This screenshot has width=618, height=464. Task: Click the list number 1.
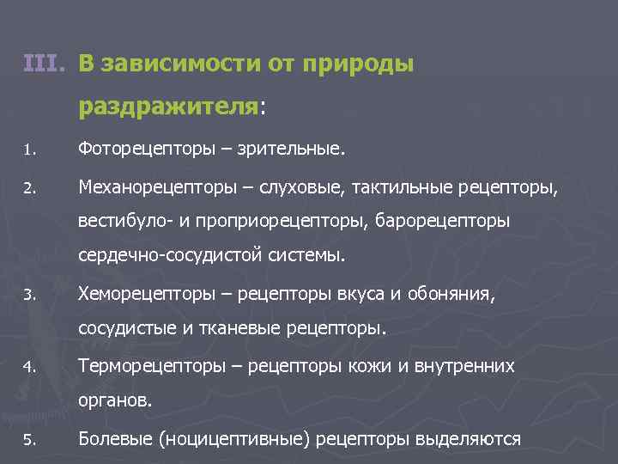pyautogui.click(x=28, y=151)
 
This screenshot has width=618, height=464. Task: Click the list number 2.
pyautogui.click(x=28, y=187)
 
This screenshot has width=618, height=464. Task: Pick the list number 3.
pyautogui.click(x=28, y=295)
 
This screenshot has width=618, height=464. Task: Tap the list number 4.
pyautogui.click(x=28, y=368)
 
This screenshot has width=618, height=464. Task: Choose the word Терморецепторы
pyautogui.click(x=154, y=367)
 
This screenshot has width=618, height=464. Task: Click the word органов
pyautogui.click(x=116, y=401)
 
